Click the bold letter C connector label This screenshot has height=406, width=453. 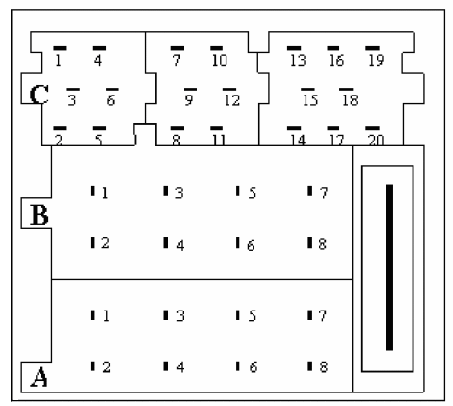click(x=40, y=95)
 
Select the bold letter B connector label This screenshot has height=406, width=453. click(x=40, y=215)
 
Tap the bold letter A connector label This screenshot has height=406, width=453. click(x=40, y=377)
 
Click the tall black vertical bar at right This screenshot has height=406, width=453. click(x=389, y=267)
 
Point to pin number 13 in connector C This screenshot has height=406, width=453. click(x=298, y=60)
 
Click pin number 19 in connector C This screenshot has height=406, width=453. click(x=376, y=60)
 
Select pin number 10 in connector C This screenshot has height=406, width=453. click(x=220, y=60)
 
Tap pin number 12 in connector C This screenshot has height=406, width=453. click(x=232, y=100)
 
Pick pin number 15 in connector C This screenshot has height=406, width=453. click(x=310, y=100)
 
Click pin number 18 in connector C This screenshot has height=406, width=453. click(x=350, y=100)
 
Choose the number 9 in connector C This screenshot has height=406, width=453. click(x=189, y=100)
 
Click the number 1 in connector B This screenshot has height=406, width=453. click(x=105, y=193)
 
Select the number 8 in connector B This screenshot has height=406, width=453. click(x=323, y=244)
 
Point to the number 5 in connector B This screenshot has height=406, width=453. click(x=253, y=193)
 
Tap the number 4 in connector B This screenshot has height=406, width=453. click(x=180, y=245)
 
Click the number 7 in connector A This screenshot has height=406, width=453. click(x=323, y=315)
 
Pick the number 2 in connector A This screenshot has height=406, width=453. click(x=106, y=367)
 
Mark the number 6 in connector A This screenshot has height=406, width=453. click(x=253, y=367)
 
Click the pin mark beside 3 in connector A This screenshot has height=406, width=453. click(x=166, y=315)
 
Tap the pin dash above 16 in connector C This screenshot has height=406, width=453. click(x=333, y=48)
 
